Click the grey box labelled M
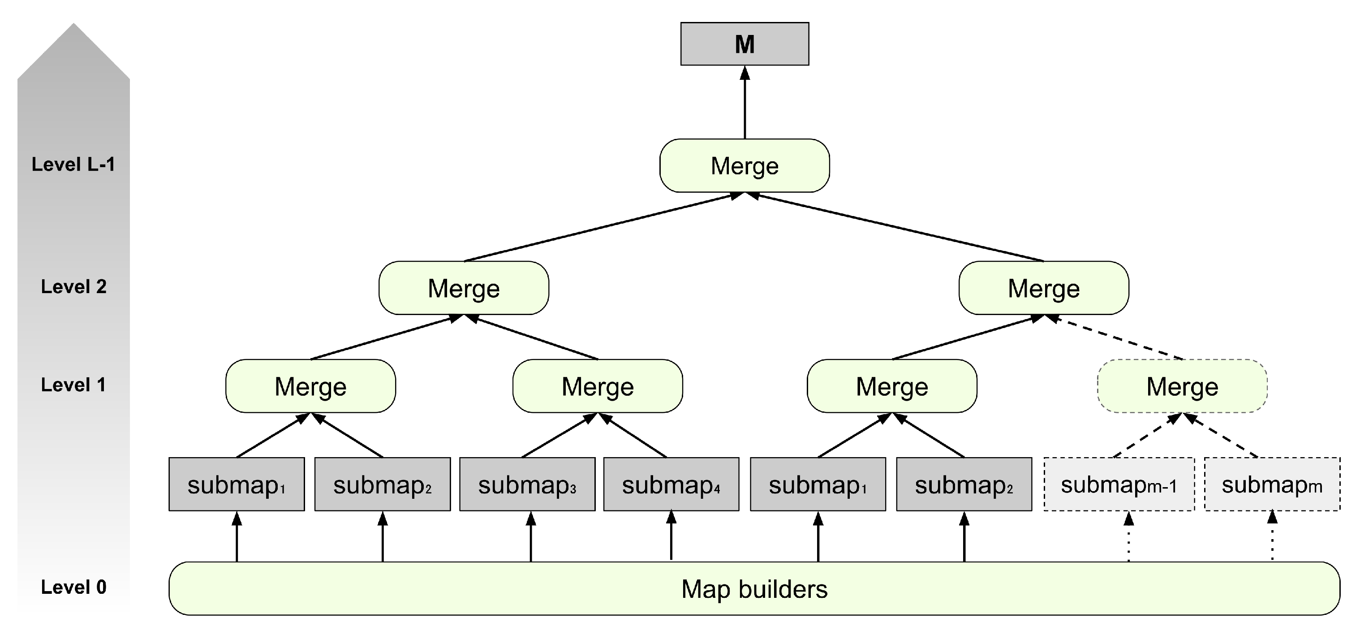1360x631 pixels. click(745, 44)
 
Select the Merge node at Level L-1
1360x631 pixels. click(745, 166)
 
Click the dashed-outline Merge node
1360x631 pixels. click(1182, 386)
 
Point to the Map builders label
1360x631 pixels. click(754, 589)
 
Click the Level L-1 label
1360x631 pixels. click(73, 164)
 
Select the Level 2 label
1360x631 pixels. click(73, 287)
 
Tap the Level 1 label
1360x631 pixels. click(73, 385)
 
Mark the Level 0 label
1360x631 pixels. click(73, 587)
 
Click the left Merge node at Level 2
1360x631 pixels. click(464, 288)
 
